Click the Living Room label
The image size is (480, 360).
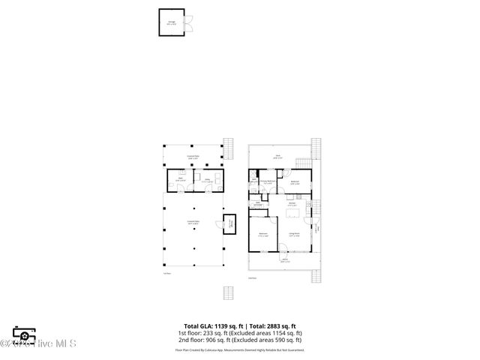point(294,235)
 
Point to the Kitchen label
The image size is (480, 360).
point(293,205)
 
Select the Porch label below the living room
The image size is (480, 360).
point(286,261)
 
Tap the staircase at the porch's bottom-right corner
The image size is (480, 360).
point(316,274)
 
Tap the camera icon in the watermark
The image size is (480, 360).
point(24,336)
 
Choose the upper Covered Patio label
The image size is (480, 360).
point(193,157)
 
